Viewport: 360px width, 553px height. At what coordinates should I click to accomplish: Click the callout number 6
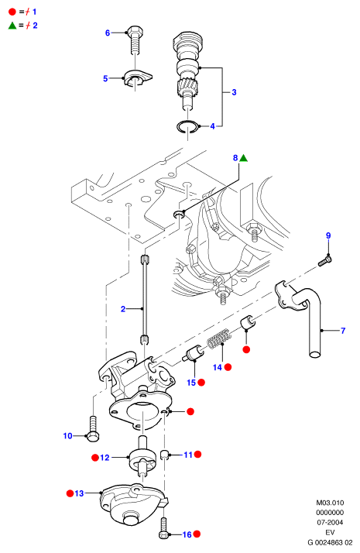(108, 33)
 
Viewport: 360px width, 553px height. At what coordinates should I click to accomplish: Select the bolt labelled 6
(135, 39)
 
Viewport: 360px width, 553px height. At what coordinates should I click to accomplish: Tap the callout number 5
(105, 78)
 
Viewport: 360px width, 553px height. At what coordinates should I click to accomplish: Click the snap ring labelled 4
(187, 127)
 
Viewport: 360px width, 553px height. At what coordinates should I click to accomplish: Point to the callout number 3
(234, 92)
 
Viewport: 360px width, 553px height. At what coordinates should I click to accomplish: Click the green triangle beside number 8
(243, 158)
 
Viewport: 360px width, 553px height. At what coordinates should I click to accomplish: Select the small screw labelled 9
(325, 262)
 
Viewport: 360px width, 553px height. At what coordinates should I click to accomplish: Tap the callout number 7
(343, 331)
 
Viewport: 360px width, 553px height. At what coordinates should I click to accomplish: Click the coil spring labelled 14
(218, 338)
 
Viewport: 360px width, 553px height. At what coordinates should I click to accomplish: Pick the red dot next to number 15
(201, 383)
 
